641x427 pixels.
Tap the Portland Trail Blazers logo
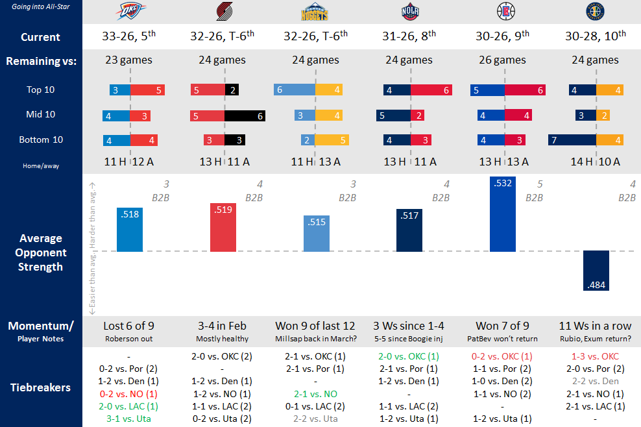224,12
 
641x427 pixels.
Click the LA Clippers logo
504,12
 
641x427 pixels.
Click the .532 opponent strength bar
503,213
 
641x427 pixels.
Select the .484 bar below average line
596,271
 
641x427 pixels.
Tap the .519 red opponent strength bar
223,227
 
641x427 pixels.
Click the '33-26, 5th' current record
130,37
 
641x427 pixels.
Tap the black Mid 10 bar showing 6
245,116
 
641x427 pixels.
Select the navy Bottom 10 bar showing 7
572,140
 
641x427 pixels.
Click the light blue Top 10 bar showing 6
295,90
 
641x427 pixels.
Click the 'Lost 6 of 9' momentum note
128,326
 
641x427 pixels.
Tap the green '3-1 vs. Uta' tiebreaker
128,419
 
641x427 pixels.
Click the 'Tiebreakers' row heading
41,387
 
